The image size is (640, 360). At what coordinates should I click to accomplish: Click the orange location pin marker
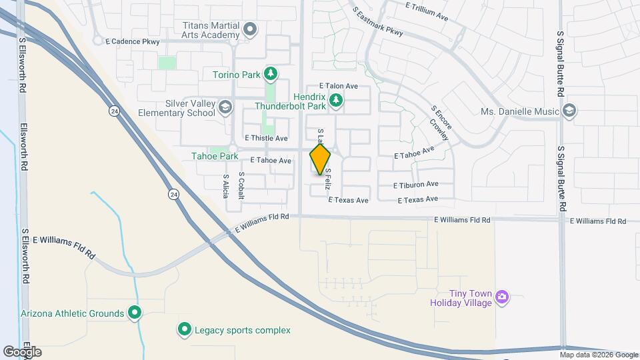tap(320, 159)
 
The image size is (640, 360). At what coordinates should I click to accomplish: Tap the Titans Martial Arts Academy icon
tap(251, 29)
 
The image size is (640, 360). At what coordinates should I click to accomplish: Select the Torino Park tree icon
tap(270, 73)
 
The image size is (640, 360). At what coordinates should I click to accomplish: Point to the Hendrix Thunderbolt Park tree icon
tap(337, 101)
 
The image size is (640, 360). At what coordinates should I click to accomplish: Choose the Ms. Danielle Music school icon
tap(569, 111)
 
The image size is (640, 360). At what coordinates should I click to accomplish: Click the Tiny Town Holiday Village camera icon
tap(502, 297)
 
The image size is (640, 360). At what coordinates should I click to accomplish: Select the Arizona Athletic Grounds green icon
tap(135, 313)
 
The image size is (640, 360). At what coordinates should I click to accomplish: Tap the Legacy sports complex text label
tap(243, 329)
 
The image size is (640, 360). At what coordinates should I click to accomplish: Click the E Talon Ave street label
tap(339, 86)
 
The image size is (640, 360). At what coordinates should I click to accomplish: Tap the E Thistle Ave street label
tap(266, 138)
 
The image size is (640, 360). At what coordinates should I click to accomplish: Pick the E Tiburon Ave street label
tap(415, 185)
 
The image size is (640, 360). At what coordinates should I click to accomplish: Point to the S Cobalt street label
tap(241, 180)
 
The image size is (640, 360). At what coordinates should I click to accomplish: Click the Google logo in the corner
tap(22, 351)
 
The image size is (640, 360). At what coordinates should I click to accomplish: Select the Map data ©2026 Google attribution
tap(598, 355)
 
